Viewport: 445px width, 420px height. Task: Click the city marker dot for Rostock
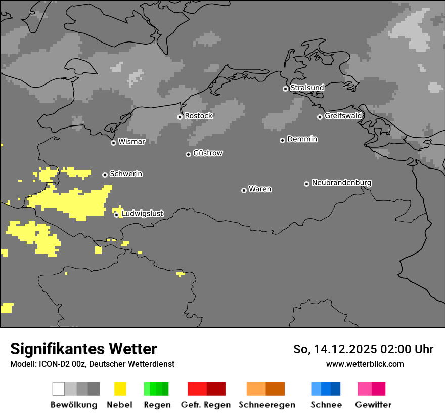(180, 117)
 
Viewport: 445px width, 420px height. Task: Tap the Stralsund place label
(307, 88)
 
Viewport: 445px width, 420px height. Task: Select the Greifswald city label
(343, 116)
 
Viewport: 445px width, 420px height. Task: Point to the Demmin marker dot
(282, 140)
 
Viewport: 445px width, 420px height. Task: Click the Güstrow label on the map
(208, 153)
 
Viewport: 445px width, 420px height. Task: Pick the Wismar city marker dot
(113, 143)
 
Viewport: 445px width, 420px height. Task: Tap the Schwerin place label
(126, 174)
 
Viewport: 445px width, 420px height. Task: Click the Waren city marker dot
(244, 190)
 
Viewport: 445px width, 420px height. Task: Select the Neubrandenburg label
(341, 182)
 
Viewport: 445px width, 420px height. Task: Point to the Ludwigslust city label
(142, 214)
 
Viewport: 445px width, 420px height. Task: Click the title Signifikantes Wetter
(83, 349)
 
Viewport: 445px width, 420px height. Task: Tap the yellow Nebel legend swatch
(120, 389)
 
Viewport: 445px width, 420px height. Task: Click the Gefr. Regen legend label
(205, 405)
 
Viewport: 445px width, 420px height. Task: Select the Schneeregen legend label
(267, 405)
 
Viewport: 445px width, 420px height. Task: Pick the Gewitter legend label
(373, 405)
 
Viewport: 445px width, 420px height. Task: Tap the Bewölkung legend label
(74, 405)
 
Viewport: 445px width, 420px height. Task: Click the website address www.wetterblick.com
(365, 364)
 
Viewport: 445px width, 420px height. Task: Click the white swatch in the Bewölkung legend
(59, 389)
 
